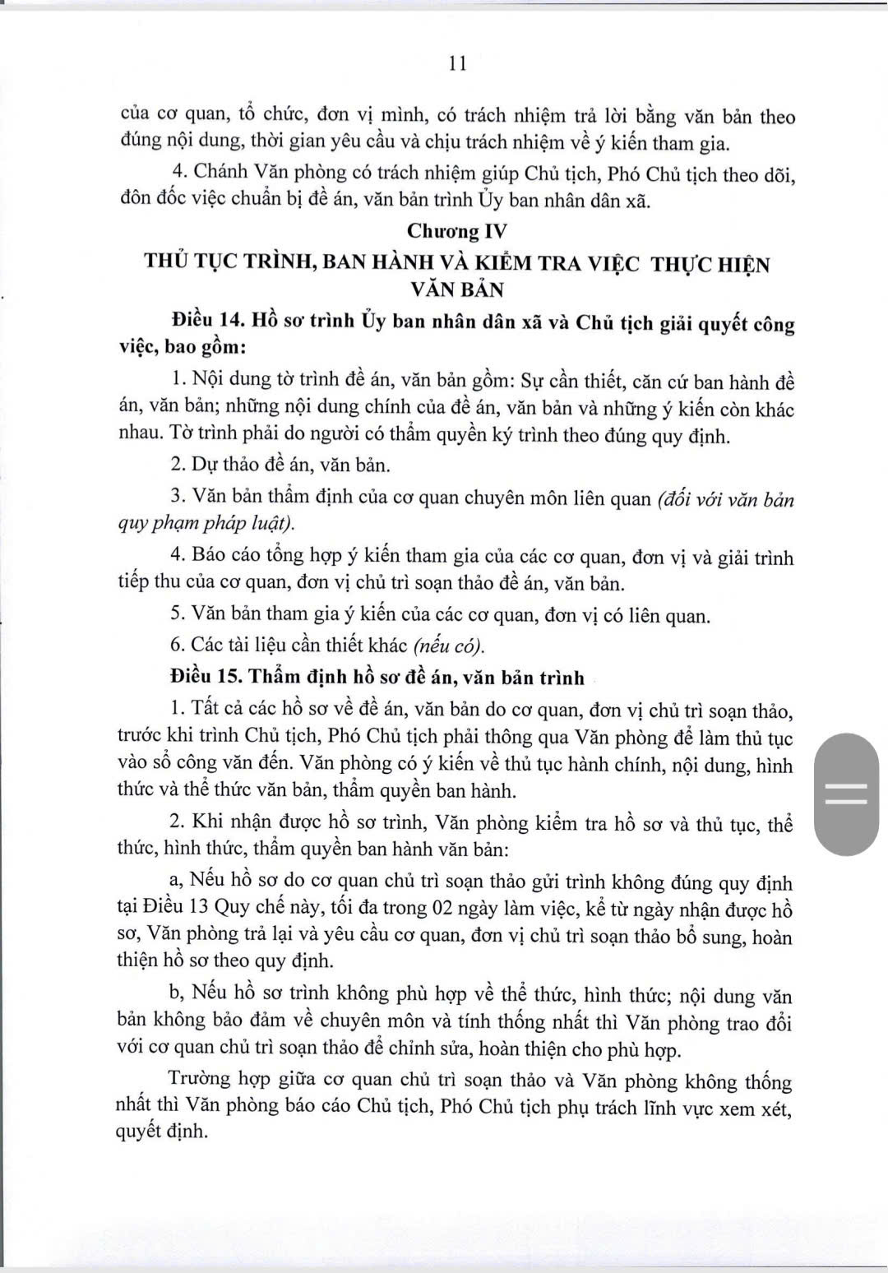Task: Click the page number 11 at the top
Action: click(459, 64)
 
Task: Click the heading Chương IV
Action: click(458, 231)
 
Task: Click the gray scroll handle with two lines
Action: click(845, 794)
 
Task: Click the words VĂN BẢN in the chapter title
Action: click(458, 289)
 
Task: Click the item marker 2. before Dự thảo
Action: click(178, 465)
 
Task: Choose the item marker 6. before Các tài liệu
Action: click(178, 645)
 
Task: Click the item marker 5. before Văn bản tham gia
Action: click(178, 614)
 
